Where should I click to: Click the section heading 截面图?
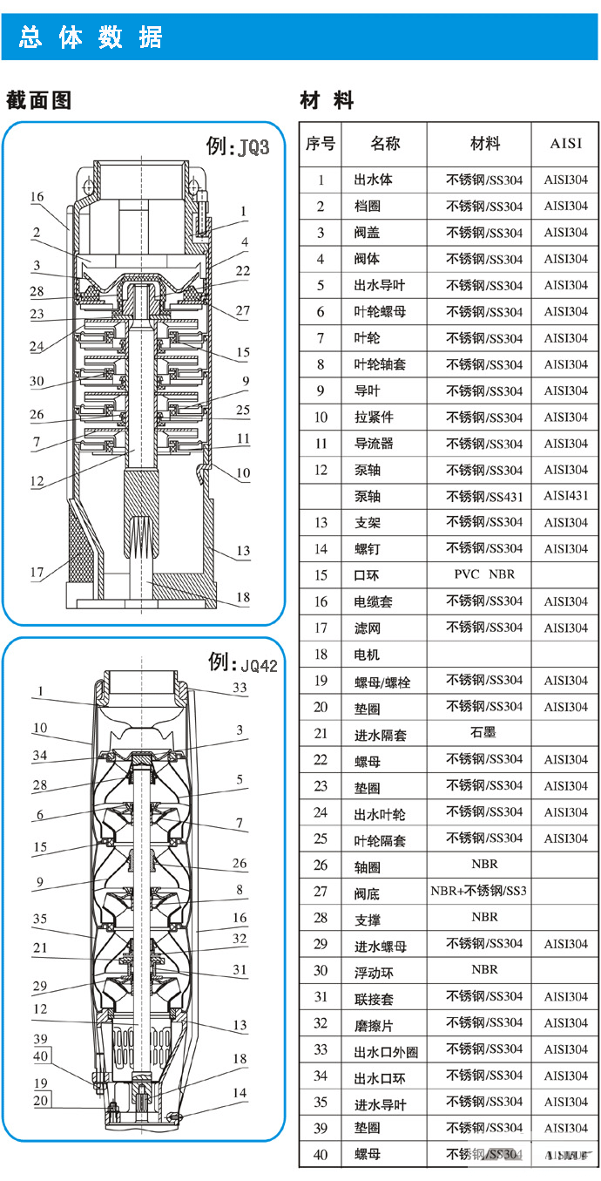38,99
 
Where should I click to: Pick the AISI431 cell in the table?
565,496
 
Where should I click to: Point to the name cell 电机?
367,654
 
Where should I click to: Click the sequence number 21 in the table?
321,734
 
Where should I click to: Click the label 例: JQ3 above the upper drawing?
238,146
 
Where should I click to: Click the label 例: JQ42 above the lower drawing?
242,663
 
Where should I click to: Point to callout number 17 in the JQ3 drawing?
36,573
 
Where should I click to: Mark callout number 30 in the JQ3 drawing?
36,381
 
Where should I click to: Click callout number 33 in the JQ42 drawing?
240,688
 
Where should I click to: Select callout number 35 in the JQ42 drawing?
39,919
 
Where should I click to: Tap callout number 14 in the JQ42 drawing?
239,1092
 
